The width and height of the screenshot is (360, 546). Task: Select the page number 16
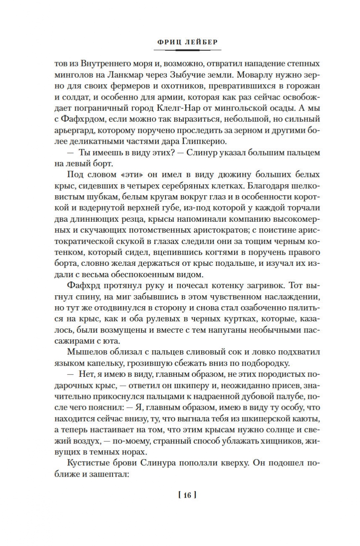pos(187,495)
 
